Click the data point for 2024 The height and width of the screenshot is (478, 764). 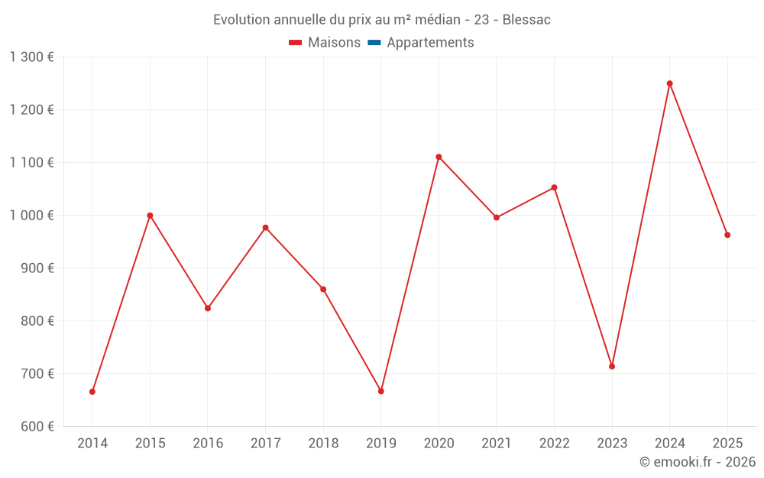click(x=669, y=83)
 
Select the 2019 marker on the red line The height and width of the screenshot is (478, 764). click(x=381, y=391)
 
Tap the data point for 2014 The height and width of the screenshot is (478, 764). click(x=92, y=392)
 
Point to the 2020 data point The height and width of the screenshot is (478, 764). click(x=439, y=157)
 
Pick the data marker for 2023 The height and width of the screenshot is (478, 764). click(x=612, y=366)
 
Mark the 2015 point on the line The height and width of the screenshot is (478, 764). click(x=150, y=215)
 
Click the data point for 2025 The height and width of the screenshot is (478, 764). click(x=727, y=235)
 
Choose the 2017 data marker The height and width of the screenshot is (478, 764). click(x=265, y=227)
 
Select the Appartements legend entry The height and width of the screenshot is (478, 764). click(x=430, y=43)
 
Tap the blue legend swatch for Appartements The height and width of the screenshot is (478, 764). click(x=374, y=43)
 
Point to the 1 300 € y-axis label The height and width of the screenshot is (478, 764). click(x=31, y=57)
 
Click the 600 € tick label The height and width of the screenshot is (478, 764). click(x=37, y=426)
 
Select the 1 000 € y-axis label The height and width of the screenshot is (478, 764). click(x=31, y=215)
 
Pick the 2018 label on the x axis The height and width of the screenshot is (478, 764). click(x=323, y=443)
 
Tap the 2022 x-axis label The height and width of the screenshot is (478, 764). click(x=554, y=443)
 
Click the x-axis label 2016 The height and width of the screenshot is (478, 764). click(x=208, y=443)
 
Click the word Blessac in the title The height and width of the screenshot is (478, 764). click(x=526, y=20)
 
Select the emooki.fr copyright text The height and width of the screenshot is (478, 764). click(x=697, y=462)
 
